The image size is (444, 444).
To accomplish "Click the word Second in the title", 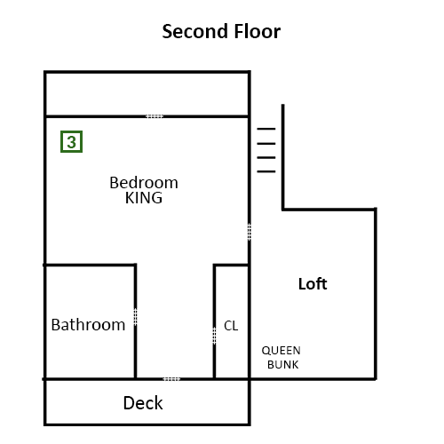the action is pos(195,31).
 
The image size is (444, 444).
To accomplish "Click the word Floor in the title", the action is pos(258,31).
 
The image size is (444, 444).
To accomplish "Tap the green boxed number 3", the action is pos(71,142).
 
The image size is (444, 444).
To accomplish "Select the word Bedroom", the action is pos(144,183).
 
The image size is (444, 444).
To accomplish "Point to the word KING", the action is pos(144,198).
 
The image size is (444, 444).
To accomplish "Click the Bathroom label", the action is pos(88,325).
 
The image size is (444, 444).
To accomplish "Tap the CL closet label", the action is pos(231,326).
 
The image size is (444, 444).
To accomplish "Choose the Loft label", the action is pos(313,284).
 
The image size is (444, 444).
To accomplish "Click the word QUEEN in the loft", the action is pos(281,351).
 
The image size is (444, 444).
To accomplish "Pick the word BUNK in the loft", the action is pos(283,365).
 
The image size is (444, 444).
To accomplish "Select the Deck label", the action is pos(143,403).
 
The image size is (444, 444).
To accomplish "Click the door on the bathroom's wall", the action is pos(135,317).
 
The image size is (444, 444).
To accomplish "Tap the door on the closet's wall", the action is pos(214,336).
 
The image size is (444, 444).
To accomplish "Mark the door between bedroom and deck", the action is pos(171,379).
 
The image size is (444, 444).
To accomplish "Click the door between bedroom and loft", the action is pos(250,232).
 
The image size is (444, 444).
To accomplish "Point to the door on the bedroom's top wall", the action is pos(155,116).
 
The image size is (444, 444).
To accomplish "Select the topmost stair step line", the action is pos(266,129).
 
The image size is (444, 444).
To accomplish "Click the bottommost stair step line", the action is pos(266,171).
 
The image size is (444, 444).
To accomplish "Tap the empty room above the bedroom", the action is pos(147,94).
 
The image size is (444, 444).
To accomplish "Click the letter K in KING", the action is pos(129,198).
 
